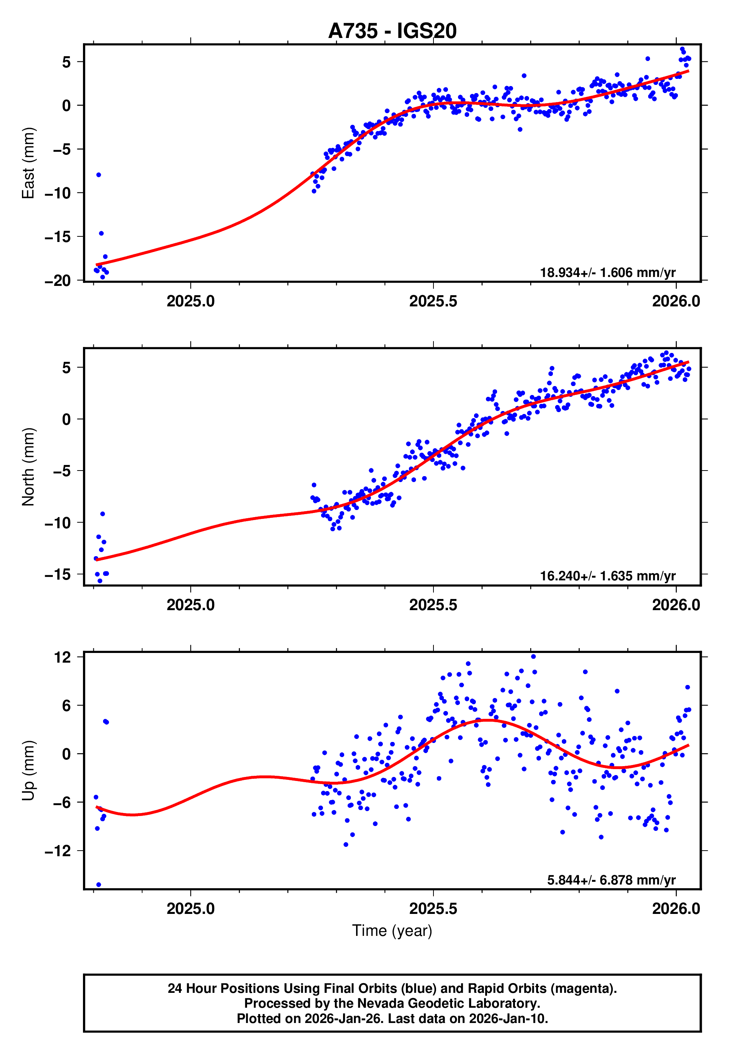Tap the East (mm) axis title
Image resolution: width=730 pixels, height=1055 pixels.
[28, 163]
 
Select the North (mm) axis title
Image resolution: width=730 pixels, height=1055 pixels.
[28, 467]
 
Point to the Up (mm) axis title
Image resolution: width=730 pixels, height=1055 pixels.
[28, 771]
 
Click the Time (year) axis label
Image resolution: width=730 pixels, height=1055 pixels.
[392, 931]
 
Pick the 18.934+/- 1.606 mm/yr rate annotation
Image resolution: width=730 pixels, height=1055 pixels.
[608, 272]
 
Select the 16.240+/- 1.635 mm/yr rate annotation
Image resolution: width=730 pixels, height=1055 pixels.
[608, 576]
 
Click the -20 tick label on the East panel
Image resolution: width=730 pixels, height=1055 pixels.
[58, 280]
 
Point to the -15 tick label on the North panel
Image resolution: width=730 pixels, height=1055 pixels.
[58, 574]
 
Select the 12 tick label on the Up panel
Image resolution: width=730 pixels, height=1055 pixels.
[63, 657]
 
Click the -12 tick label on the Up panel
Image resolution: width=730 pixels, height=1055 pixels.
[58, 851]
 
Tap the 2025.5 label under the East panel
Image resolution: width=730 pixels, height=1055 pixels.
[433, 302]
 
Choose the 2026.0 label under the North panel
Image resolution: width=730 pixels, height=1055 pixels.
[676, 605]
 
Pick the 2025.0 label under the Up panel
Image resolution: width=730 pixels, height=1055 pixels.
[190, 909]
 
